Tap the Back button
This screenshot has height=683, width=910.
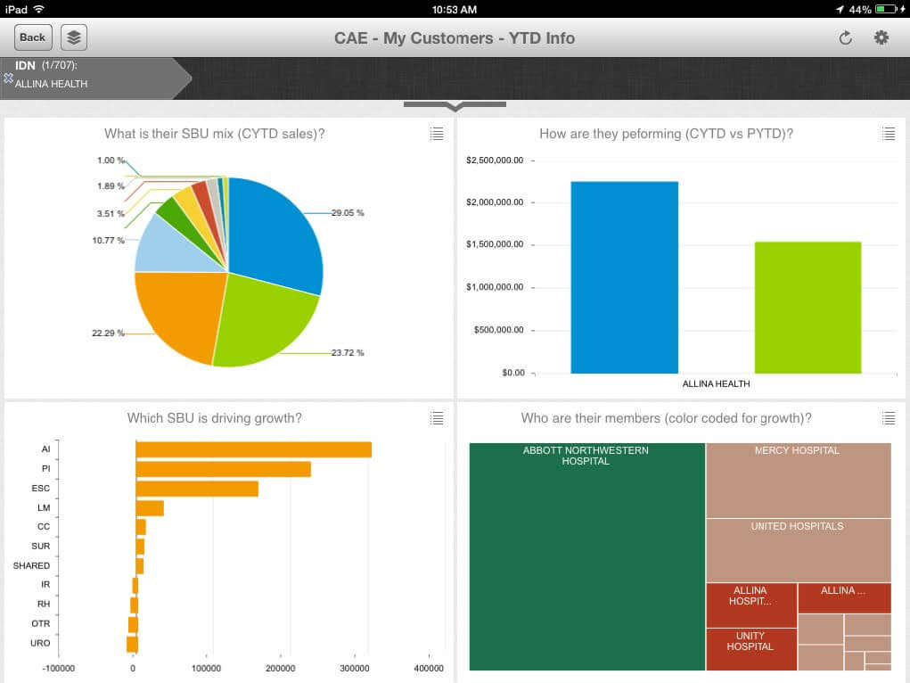(33, 37)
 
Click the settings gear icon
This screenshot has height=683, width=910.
(881, 37)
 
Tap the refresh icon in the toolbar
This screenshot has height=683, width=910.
(845, 37)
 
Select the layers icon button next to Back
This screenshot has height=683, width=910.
(74, 37)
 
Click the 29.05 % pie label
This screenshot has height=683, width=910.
(348, 213)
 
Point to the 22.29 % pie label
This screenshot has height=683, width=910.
(108, 333)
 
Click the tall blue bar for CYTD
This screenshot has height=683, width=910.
(624, 276)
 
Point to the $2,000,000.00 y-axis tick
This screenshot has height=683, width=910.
(495, 202)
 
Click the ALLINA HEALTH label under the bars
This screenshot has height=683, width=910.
(716, 384)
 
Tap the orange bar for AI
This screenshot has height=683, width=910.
(253, 449)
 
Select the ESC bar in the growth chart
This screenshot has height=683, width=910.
(197, 489)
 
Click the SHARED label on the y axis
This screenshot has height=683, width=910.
(31, 565)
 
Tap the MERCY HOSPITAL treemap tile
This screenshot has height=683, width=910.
(798, 480)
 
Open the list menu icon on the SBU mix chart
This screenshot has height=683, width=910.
(436, 134)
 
